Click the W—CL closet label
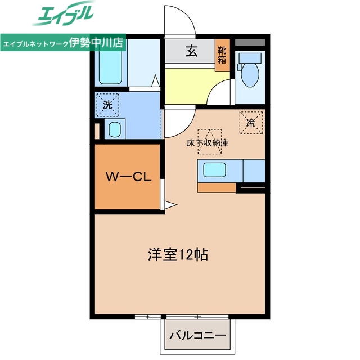pyautogui.click(x=128, y=177)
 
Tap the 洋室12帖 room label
pyautogui.click(x=178, y=254)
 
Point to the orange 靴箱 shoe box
pyautogui.click(x=222, y=55)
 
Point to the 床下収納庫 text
pyautogui.click(x=208, y=142)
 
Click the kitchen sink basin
pyautogui.click(x=214, y=169)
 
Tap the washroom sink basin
pyautogui.click(x=114, y=130)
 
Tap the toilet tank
pyautogui.click(x=250, y=57)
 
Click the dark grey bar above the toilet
pyautogui.click(x=250, y=42)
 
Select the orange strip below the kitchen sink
pyautogui.click(x=217, y=187)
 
